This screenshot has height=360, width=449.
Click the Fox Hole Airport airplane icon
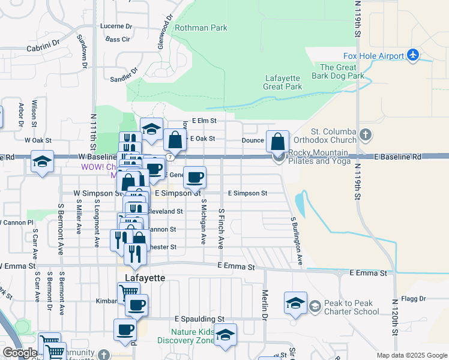(x=412, y=55)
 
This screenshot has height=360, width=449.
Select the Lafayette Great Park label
(x=283, y=82)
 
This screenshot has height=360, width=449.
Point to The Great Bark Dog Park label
(x=338, y=72)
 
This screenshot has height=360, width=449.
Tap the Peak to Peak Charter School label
(x=352, y=307)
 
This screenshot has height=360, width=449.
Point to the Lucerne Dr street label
(x=116, y=26)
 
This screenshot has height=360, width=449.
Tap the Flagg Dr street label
(x=414, y=298)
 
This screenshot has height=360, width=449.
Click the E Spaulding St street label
(x=199, y=319)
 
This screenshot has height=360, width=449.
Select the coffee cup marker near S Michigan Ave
(x=194, y=177)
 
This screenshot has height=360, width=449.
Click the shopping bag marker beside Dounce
(x=277, y=142)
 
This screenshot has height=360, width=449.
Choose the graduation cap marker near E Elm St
(x=152, y=128)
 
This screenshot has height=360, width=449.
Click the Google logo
(x=19, y=353)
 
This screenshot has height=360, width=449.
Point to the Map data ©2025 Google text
(x=411, y=355)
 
